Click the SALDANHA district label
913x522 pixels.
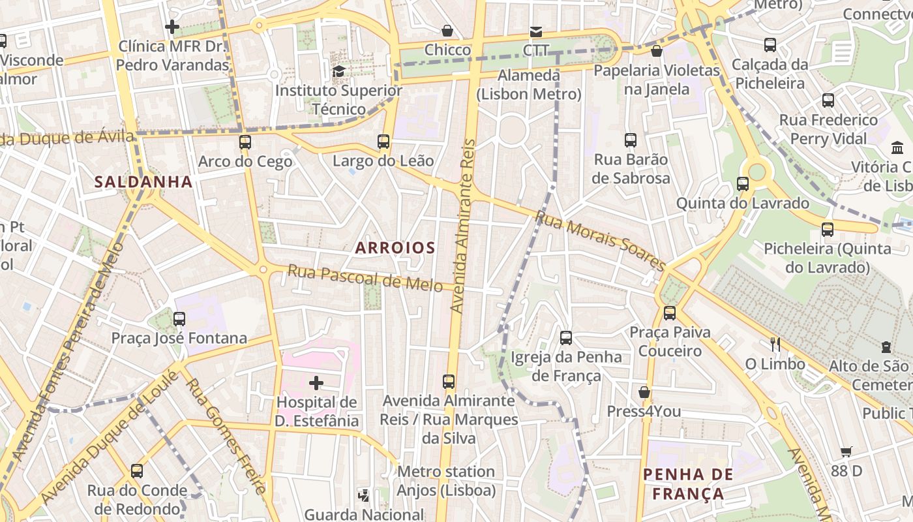click(x=143, y=181)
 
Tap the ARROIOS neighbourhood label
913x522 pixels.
click(x=395, y=248)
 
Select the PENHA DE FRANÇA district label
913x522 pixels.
click(x=688, y=484)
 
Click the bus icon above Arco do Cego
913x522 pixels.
click(x=245, y=142)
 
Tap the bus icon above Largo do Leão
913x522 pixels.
click(x=383, y=141)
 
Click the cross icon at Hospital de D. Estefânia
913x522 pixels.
click(x=316, y=382)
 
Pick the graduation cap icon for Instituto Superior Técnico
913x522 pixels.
click(x=338, y=70)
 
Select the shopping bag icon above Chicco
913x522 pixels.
click(x=447, y=30)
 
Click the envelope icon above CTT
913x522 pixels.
click(x=535, y=31)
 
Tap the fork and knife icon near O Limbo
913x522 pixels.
click(x=775, y=343)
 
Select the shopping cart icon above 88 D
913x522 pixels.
click(x=846, y=451)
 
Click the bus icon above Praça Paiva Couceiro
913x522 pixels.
click(x=670, y=313)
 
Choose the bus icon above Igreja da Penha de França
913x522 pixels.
click(x=566, y=337)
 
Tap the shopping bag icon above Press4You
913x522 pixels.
click(x=644, y=391)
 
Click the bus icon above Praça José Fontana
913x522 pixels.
click(x=179, y=318)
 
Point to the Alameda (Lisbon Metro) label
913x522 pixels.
click(x=528, y=85)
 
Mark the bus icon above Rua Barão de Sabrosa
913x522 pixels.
click(x=631, y=140)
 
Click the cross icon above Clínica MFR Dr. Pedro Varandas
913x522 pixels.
click(x=172, y=27)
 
